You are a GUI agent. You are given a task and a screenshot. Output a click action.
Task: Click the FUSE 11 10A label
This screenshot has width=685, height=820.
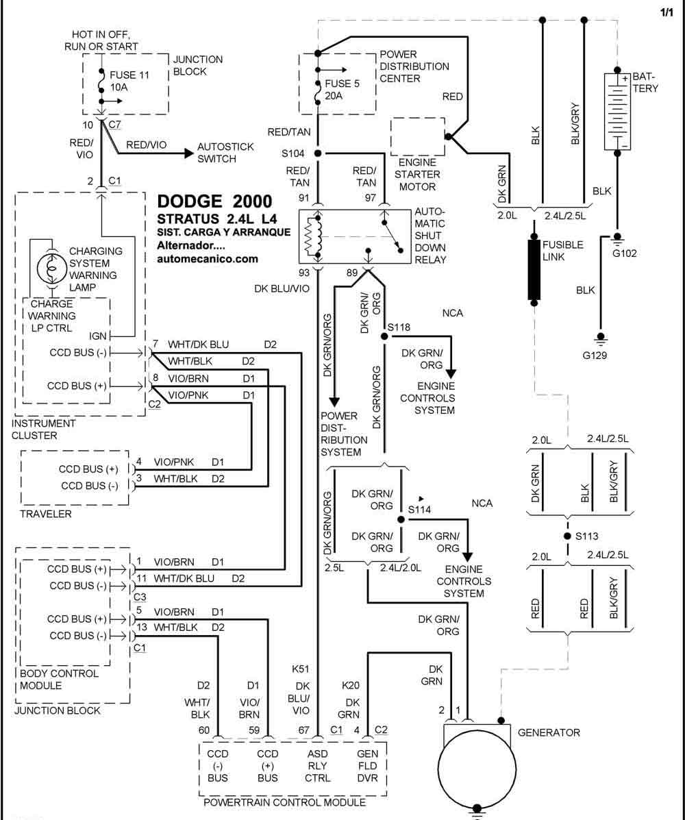click(129, 81)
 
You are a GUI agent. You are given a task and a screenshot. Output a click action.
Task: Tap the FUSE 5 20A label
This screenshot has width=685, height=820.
click(342, 90)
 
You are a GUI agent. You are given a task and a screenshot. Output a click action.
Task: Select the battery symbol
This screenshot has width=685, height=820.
click(618, 112)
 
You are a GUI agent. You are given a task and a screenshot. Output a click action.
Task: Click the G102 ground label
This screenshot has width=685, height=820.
click(624, 253)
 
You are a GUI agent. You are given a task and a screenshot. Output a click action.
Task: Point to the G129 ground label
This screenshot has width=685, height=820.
click(595, 356)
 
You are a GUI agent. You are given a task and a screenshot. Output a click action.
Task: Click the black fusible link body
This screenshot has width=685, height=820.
click(534, 270)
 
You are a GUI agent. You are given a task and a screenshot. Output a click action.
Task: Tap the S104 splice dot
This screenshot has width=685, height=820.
click(317, 153)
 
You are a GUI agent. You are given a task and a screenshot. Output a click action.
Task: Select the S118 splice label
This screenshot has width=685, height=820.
click(399, 327)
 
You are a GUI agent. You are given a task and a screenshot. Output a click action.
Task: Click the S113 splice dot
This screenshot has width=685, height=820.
click(567, 536)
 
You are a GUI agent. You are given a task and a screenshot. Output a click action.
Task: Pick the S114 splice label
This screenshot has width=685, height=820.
click(419, 510)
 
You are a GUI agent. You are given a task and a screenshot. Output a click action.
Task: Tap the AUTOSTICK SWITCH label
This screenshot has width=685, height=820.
click(225, 153)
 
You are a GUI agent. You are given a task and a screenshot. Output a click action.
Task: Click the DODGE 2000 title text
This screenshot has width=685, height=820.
click(214, 201)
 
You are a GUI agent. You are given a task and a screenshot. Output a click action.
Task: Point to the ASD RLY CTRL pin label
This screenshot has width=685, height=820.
click(317, 766)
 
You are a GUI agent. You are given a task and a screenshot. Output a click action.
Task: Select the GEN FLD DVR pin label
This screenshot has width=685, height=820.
click(367, 766)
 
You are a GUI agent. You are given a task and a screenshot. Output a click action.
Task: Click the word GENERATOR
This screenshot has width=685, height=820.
click(549, 733)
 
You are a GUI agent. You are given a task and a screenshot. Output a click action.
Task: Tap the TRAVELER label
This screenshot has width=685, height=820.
click(45, 514)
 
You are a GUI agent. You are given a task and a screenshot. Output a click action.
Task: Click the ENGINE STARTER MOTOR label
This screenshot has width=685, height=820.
click(417, 174)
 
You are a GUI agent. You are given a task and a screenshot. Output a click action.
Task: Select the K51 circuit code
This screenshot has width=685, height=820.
click(300, 669)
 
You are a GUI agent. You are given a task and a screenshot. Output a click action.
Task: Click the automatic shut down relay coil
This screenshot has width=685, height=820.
click(312, 236)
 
